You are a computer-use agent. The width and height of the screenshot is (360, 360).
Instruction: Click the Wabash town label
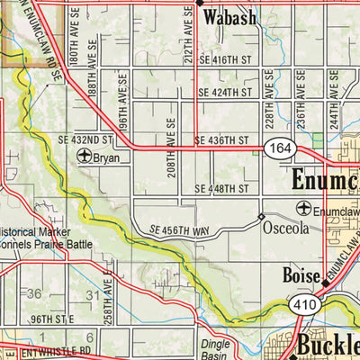229,18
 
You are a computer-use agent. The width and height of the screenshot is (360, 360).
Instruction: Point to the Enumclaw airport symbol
303,209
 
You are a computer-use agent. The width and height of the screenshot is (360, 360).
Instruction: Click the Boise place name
300,274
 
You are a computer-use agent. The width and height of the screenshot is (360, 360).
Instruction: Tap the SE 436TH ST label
220,141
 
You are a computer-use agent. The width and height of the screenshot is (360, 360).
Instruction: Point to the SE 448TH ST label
220,189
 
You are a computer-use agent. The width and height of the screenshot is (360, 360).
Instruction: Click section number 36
34,294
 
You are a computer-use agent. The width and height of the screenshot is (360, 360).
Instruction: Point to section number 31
92,294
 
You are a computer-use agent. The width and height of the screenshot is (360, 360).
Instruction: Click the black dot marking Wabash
199,4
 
